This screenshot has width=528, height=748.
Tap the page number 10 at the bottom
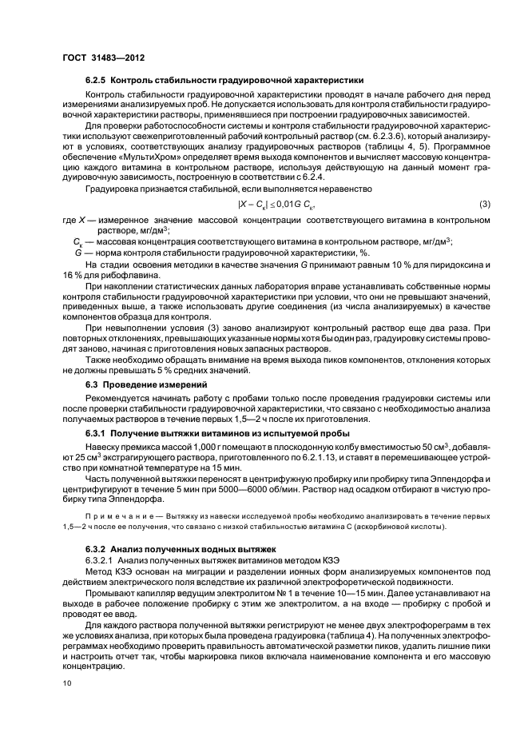67,682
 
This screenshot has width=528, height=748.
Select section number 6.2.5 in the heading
96,81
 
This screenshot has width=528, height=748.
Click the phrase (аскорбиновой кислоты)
395,528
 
